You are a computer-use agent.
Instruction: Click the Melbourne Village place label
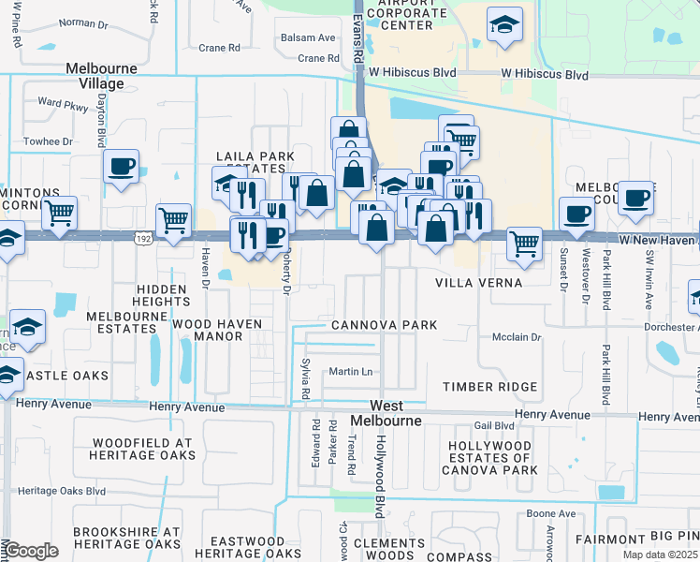tap(101, 76)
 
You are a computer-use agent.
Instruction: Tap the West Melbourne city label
tap(387, 413)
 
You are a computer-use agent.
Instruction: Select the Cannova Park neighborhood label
tap(384, 325)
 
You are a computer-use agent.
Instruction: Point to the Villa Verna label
tap(476, 282)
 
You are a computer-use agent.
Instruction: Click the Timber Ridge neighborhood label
tap(490, 387)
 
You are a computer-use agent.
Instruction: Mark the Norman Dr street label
tap(83, 22)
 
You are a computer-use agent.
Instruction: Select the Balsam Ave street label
tap(308, 37)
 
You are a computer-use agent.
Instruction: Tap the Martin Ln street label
tap(351, 372)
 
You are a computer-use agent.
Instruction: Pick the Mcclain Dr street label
tap(518, 336)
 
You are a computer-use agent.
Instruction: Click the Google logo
tap(31, 550)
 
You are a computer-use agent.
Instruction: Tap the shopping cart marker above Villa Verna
tap(524, 243)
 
